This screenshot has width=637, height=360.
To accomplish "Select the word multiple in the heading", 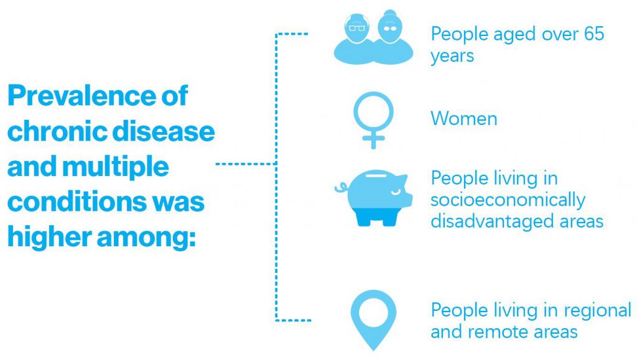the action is click(115, 167).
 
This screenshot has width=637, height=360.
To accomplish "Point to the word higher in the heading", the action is click(49, 237).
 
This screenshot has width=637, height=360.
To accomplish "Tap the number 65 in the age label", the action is click(594, 34).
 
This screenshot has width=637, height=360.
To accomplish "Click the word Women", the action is click(464, 119).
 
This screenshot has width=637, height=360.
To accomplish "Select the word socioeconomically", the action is click(508, 200).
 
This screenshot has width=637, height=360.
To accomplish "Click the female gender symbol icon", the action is click(373, 121).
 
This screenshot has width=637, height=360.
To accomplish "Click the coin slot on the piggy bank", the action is click(378, 176).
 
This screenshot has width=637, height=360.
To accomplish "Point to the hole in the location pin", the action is click(373, 313).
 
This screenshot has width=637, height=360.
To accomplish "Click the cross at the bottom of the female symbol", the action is click(373, 139).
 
